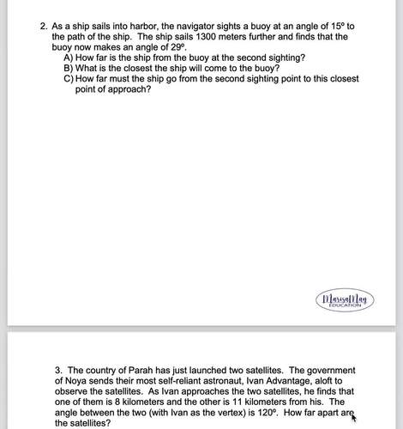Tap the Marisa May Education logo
(342, 300)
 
